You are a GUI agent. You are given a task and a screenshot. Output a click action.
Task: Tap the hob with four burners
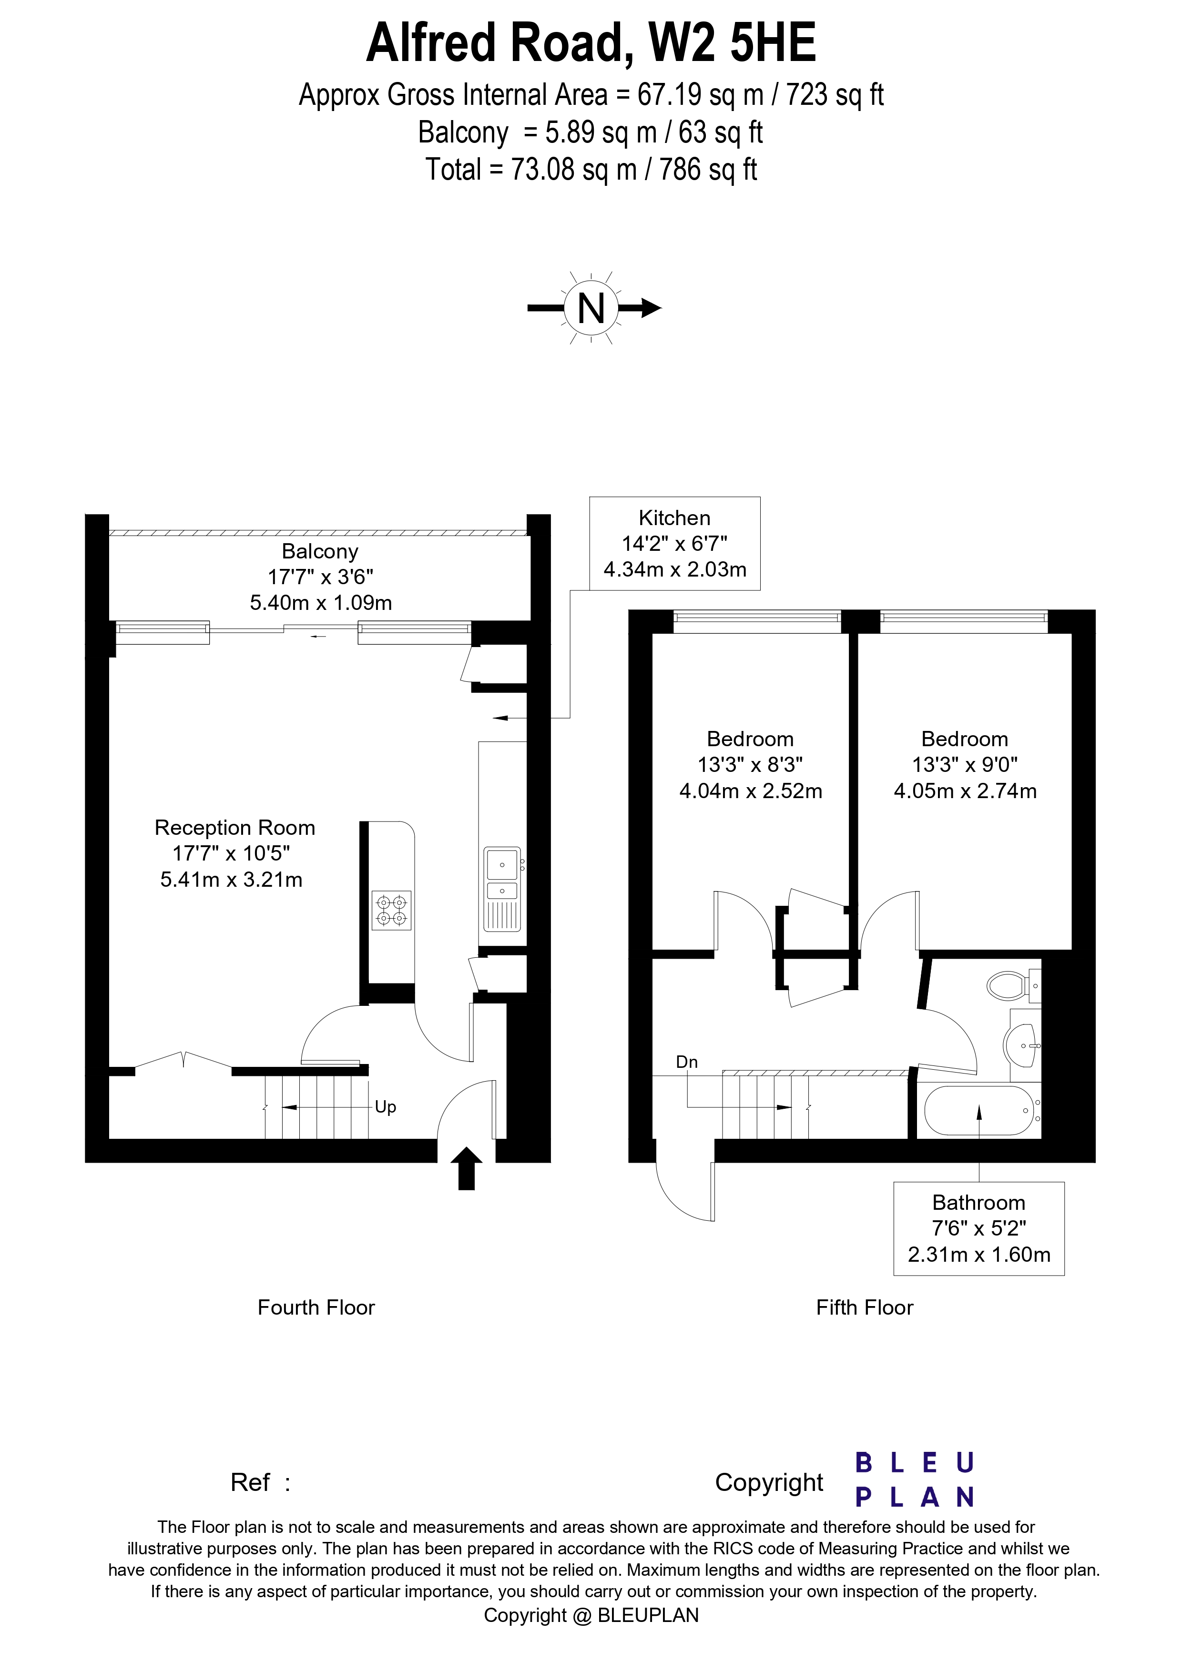(x=391, y=910)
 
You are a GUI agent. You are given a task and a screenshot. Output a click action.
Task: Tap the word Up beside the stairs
(x=385, y=1107)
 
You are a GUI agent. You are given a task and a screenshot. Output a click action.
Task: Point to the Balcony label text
(x=320, y=551)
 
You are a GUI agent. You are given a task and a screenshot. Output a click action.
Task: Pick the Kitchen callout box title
(x=674, y=518)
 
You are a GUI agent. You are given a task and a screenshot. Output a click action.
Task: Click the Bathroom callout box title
(x=978, y=1202)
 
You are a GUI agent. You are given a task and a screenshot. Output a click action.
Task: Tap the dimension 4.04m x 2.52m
(x=750, y=791)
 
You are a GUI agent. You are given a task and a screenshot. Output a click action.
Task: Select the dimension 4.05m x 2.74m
(x=965, y=791)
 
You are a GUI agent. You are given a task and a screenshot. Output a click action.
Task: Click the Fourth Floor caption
(x=316, y=1307)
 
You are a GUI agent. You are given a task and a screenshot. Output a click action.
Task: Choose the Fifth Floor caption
(x=865, y=1307)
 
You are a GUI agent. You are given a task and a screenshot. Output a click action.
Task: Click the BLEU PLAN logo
(x=914, y=1480)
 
